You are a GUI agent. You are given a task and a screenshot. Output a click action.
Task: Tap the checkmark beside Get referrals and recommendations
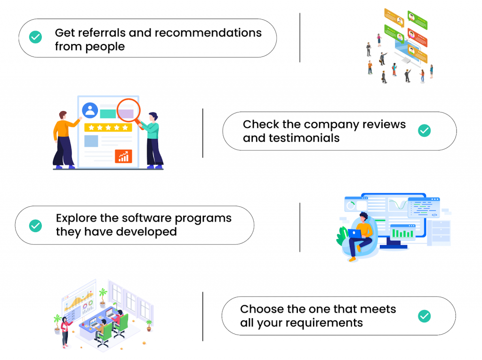[35, 37]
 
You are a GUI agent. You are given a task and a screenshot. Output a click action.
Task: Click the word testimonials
[304, 138]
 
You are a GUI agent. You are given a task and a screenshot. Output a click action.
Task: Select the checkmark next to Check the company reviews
[424, 131]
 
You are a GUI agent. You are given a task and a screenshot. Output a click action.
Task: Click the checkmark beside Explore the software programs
[35, 226]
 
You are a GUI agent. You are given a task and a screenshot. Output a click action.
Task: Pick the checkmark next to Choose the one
[424, 316]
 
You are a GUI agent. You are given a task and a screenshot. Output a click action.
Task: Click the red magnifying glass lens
[128, 111]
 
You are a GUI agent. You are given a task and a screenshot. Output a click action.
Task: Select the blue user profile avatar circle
[90, 111]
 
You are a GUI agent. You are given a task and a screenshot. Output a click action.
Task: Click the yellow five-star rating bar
[108, 128]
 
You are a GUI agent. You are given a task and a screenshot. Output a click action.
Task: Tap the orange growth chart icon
[124, 156]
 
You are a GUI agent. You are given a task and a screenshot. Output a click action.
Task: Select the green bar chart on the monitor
[402, 233]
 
